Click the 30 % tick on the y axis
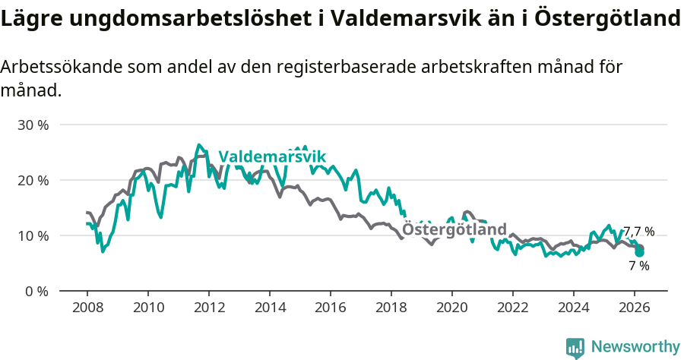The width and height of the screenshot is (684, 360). pos(33,125)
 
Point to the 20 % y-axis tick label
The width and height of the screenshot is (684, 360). pos(33,180)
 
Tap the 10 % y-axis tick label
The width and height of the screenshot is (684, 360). pos(33,235)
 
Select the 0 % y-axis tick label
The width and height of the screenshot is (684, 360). pos(36,291)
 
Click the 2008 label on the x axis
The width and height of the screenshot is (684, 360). pos(87,308)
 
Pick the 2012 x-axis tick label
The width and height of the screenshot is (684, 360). pos(209,308)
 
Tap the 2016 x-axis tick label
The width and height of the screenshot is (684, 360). pos(331,308)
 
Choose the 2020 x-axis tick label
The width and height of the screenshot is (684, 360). pos(452,308)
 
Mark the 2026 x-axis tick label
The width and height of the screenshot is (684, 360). pos(635,308)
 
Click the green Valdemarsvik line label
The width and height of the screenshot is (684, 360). pos(272,156)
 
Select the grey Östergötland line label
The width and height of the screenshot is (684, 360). pos(454,229)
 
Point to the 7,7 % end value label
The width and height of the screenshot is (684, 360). pos(638,232)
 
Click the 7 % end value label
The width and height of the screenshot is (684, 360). pos(638,266)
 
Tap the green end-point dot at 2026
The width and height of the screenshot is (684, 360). pos(640,252)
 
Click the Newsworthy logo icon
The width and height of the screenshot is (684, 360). pos(575,347)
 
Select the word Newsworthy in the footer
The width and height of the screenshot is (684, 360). pos(635,347)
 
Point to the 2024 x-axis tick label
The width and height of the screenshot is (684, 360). pos(574,308)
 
